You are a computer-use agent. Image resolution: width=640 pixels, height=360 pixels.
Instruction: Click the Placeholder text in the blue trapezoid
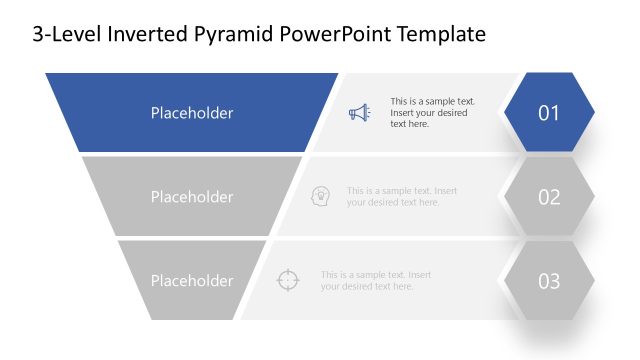tap(192, 113)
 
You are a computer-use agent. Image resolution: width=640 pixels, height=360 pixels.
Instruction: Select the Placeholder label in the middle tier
tap(192, 197)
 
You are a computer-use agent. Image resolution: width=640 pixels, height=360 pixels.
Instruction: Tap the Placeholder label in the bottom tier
tap(192, 281)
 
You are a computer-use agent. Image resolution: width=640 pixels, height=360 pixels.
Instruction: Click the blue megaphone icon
tap(359, 113)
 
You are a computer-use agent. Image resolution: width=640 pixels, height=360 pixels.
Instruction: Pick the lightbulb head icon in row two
tap(321, 196)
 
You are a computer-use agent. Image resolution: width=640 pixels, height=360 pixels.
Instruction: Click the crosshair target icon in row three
tap(287, 280)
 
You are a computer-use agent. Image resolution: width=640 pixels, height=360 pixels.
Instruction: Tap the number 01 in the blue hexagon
tap(549, 113)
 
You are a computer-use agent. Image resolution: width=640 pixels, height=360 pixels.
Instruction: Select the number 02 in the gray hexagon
tap(549, 197)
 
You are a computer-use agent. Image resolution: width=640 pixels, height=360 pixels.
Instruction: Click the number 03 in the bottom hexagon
tap(549, 281)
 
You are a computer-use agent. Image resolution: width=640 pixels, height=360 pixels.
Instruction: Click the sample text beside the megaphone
tap(432, 113)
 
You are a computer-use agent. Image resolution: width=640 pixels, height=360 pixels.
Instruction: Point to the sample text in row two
tap(402, 197)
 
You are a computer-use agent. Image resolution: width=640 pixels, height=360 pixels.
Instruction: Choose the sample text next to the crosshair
tap(376, 281)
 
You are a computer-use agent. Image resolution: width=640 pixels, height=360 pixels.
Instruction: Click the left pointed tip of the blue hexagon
tap(505, 112)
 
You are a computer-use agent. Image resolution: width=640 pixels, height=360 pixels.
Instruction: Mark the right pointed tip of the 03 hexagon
tap(594, 280)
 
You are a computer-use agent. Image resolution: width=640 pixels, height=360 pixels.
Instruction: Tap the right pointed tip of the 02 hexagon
tap(594, 196)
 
